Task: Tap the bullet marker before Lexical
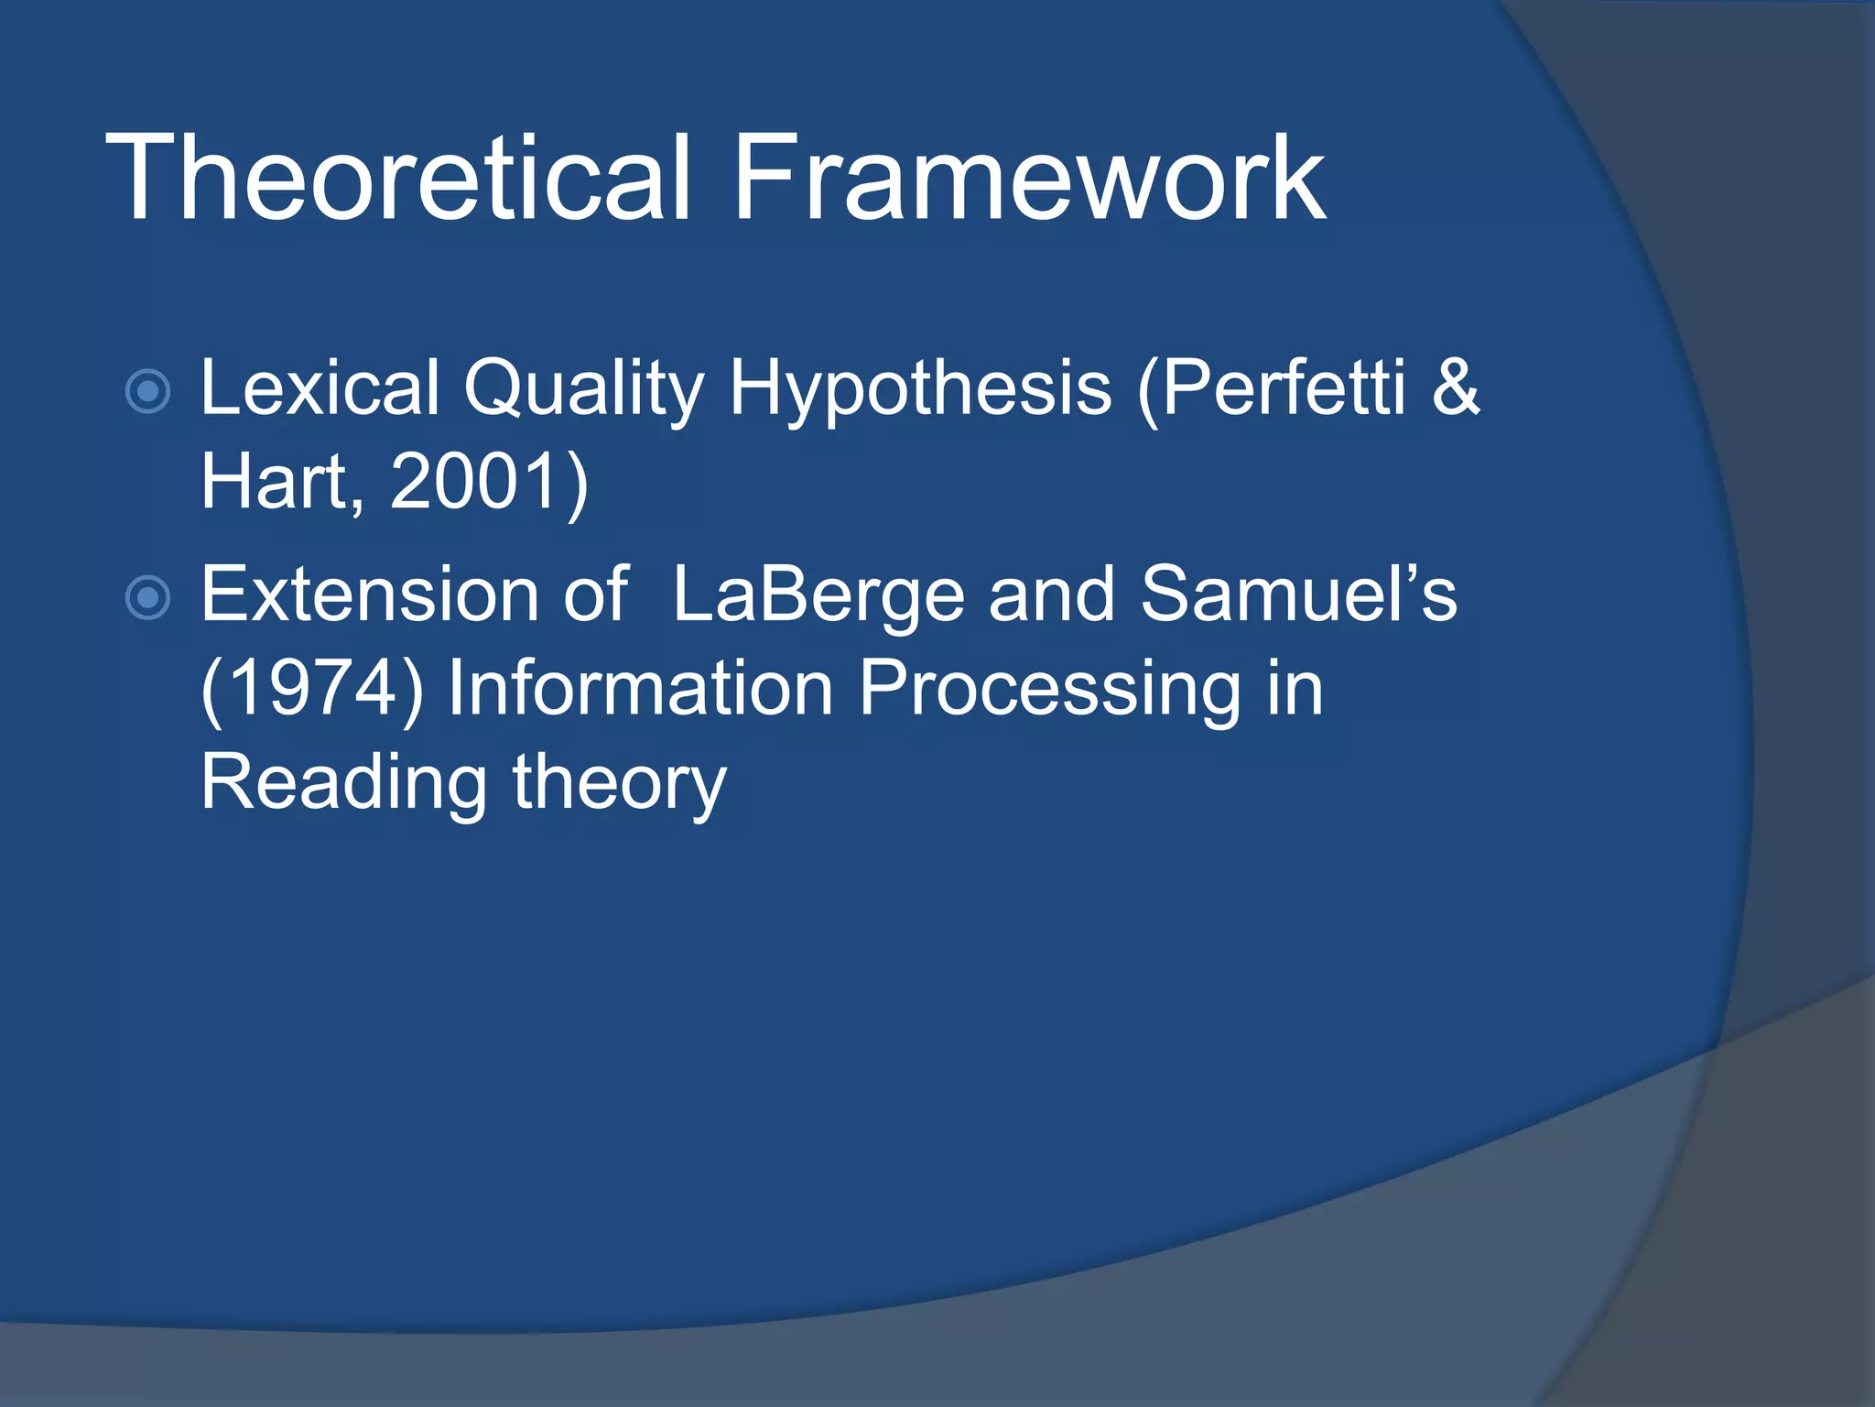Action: [147, 392]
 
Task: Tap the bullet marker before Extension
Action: [147, 598]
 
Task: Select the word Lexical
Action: [320, 387]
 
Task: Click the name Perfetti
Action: [1282, 387]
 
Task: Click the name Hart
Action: [275, 482]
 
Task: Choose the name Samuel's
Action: [1298, 595]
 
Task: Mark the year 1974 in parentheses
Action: [312, 689]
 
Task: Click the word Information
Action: [640, 689]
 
